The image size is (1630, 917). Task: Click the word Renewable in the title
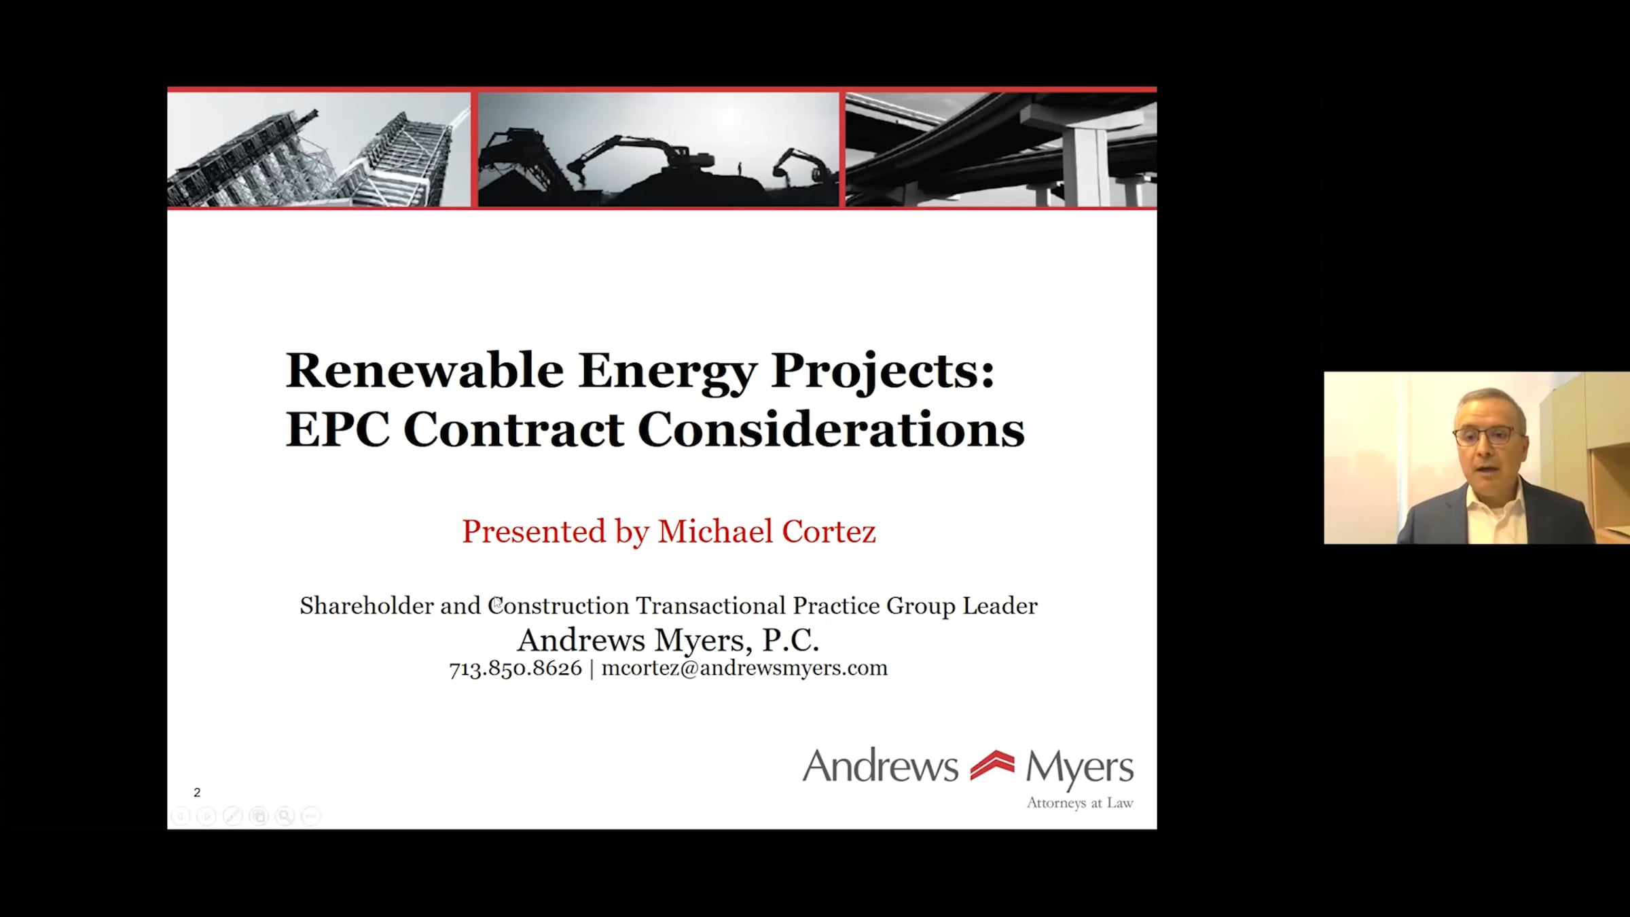pos(424,371)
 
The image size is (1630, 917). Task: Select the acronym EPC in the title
pos(338,429)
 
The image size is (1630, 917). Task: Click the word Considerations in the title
pos(831,429)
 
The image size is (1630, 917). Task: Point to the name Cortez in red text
pos(829,531)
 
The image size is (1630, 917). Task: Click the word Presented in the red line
pos(534,531)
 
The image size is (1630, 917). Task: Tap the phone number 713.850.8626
pos(515,668)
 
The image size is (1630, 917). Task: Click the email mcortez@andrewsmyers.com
pos(744,668)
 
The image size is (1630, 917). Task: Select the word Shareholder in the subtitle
pos(367,605)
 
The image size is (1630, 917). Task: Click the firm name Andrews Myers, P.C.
pos(668,640)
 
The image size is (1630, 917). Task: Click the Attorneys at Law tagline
pos(1080,804)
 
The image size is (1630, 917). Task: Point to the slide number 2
pos(197,793)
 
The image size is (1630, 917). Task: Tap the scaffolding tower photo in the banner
pos(319,149)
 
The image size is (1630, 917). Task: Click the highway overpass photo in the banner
pos(1001,149)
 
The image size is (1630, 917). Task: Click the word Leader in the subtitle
pos(1000,605)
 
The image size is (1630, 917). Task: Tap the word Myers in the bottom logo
pos(1079,768)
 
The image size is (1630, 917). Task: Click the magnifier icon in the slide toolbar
pos(285,816)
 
